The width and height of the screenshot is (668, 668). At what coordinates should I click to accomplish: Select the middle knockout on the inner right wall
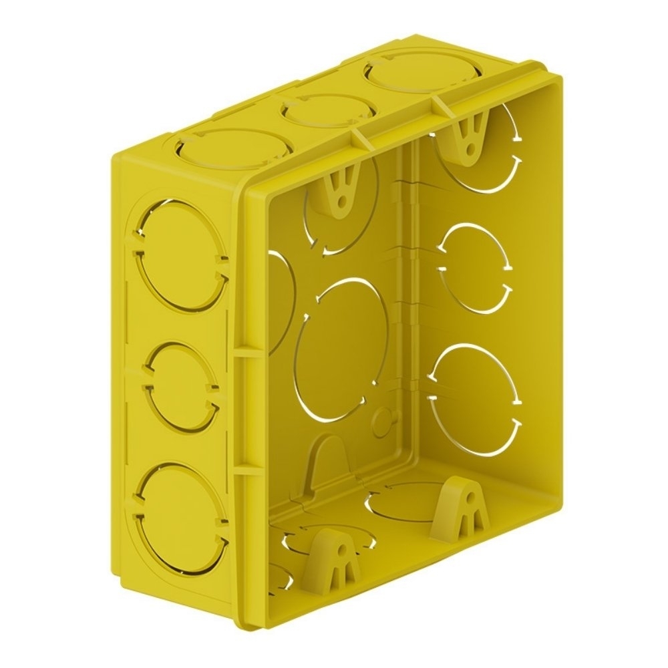(475, 267)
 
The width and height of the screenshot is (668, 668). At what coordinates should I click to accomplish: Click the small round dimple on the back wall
(382, 421)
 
